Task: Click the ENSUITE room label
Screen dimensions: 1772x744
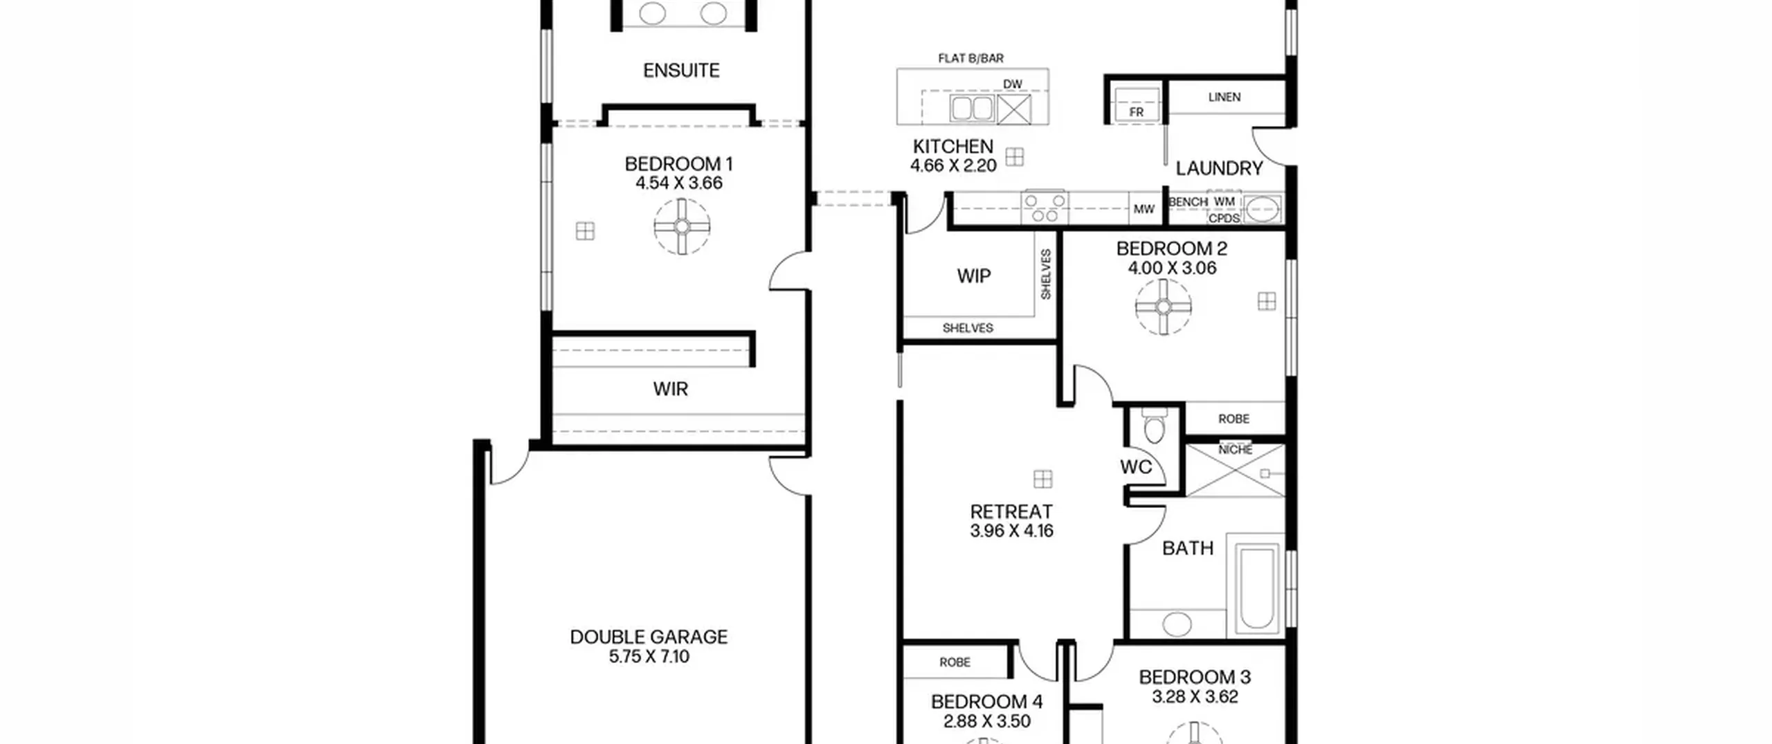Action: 681,71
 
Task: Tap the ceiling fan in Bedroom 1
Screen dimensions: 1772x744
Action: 682,226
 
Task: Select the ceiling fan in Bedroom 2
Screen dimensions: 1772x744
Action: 1164,307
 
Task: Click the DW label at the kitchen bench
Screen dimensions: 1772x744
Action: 1013,84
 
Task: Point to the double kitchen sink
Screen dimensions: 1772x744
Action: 973,109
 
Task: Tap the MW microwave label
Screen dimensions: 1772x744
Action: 1143,209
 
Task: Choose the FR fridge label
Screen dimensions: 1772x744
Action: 1137,111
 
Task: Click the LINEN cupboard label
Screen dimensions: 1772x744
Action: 1224,97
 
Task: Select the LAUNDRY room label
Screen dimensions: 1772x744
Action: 1219,168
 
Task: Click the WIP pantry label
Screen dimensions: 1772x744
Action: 974,276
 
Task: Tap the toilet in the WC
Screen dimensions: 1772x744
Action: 1154,426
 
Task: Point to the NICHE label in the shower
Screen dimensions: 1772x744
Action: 1236,449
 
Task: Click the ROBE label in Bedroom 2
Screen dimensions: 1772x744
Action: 1234,419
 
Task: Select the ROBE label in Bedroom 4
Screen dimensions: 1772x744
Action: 955,662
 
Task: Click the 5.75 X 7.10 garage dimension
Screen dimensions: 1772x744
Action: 649,657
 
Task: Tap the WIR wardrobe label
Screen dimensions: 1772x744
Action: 671,389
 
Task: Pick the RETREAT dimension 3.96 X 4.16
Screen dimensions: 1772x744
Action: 1012,531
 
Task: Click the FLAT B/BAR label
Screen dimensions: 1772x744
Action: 970,58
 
